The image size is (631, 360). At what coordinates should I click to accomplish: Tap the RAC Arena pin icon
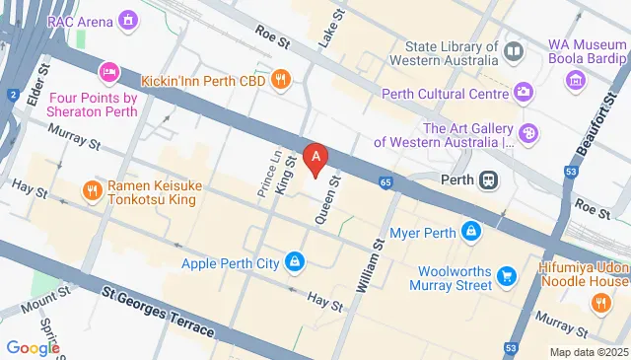(x=128, y=19)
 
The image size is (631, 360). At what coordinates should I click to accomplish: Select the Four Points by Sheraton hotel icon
(x=108, y=71)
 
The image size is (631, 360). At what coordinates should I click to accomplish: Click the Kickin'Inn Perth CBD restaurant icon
(x=281, y=79)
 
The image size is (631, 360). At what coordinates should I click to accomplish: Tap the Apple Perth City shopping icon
(x=294, y=262)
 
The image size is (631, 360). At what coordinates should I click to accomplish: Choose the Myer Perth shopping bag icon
(x=472, y=233)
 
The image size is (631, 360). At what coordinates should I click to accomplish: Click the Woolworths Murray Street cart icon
(x=507, y=276)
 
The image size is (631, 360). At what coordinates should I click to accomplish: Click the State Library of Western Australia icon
(x=513, y=49)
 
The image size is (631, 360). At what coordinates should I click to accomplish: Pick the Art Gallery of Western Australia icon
(x=528, y=132)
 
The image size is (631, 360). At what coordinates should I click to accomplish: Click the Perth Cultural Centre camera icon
(x=524, y=94)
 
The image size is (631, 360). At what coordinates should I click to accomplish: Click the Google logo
(x=34, y=348)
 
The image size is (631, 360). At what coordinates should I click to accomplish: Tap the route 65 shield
(x=385, y=181)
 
